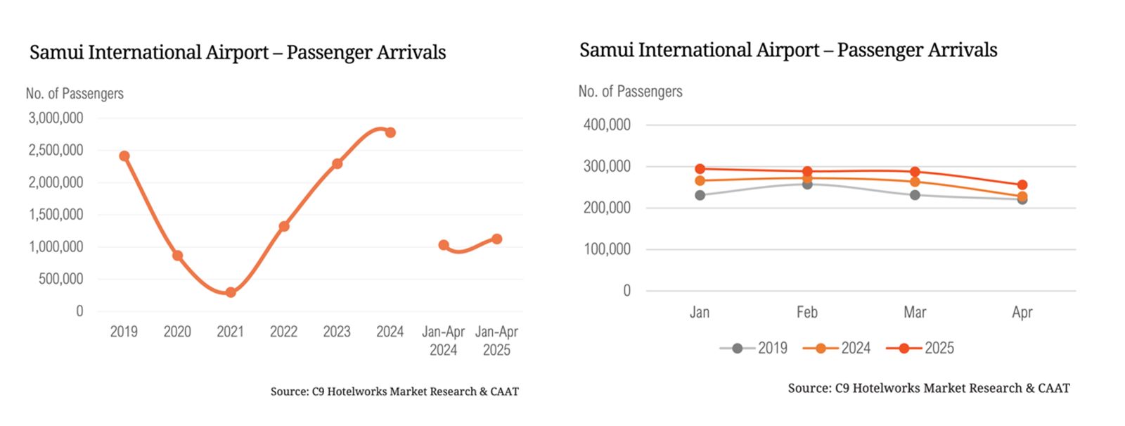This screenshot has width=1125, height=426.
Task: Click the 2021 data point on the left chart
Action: coord(231,292)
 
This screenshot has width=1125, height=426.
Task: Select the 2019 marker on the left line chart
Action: coord(124,156)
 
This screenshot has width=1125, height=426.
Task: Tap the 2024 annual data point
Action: coord(390,132)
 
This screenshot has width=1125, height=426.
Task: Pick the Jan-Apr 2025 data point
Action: coord(496,239)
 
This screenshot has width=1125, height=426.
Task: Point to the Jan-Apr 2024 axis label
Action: coord(443,340)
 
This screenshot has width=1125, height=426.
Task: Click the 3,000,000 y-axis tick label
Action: coord(56,118)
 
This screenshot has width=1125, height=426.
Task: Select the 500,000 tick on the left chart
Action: coord(60,279)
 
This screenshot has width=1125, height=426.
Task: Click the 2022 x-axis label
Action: coord(283,332)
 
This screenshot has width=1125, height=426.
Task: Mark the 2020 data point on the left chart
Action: coord(177,256)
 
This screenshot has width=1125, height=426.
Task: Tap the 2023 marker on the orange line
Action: coord(337,163)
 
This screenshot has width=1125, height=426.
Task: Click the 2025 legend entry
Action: coord(920,348)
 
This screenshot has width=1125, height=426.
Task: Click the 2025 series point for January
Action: coord(700,169)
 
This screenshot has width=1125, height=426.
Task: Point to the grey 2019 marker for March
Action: coord(915,195)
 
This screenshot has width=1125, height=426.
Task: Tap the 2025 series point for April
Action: coord(1022,185)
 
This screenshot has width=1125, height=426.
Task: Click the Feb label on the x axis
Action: coord(807,312)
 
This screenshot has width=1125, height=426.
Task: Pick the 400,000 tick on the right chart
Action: coord(607,125)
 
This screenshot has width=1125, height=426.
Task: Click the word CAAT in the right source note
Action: coord(1054,388)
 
